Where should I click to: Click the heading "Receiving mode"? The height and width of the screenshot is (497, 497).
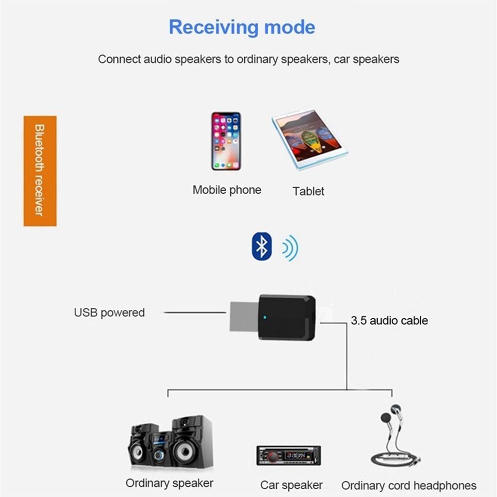(242, 27)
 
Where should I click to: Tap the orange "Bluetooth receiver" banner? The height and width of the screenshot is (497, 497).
(40, 170)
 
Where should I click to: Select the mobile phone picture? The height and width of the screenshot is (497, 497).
(226, 141)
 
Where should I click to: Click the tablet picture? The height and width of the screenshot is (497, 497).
(309, 139)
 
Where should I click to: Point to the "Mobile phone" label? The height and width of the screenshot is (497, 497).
(227, 190)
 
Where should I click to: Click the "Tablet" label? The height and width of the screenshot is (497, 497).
(308, 191)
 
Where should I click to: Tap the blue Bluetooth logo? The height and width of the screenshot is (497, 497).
(262, 247)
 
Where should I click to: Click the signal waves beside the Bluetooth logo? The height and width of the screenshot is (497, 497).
(290, 248)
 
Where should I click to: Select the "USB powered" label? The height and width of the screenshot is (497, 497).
(109, 313)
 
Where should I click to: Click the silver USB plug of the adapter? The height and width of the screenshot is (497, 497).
(244, 316)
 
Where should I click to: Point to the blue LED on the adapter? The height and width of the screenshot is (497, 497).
(264, 318)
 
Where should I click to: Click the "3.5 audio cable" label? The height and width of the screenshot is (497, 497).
(389, 320)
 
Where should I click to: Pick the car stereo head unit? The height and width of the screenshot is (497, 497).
(288, 456)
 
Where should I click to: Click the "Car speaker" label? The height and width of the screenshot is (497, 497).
(291, 485)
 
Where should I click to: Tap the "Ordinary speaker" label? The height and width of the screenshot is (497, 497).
(169, 483)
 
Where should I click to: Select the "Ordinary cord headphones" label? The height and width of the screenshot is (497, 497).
(409, 485)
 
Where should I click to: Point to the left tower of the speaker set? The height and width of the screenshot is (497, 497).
(142, 446)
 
